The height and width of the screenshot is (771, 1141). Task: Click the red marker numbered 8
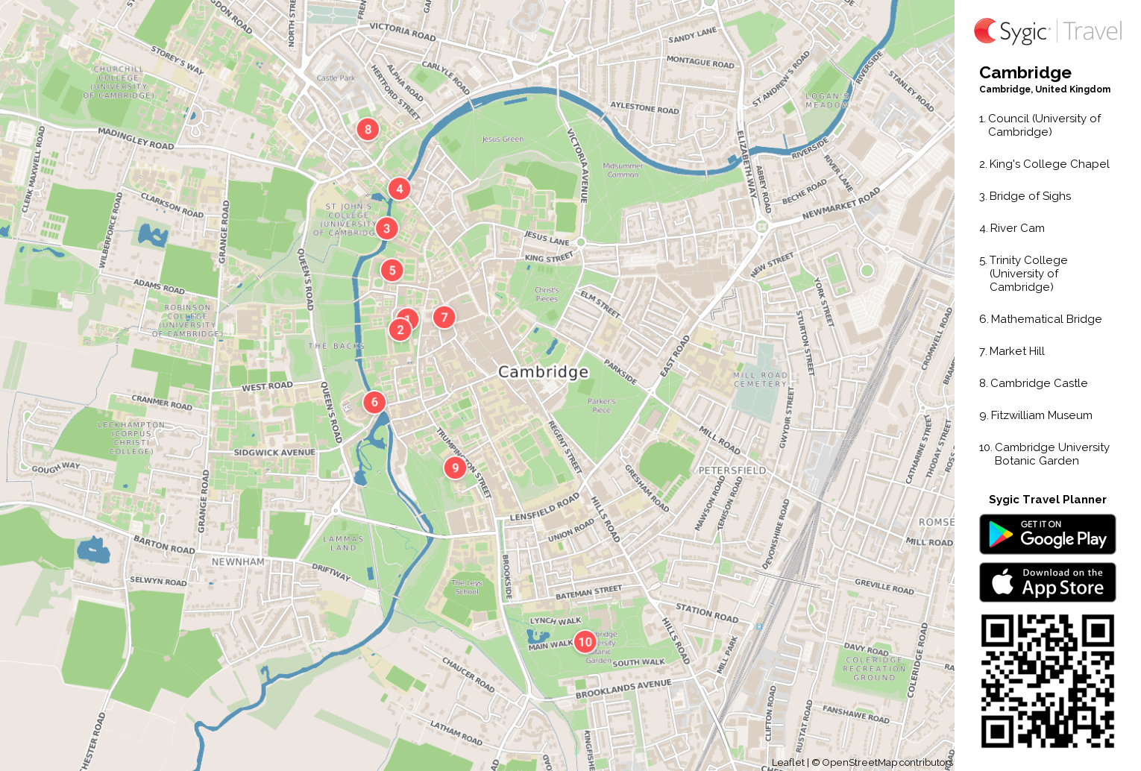pyautogui.click(x=368, y=129)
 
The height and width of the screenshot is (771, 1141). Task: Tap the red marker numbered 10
pyautogui.click(x=585, y=641)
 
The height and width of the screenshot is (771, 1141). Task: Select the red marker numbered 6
pyautogui.click(x=374, y=402)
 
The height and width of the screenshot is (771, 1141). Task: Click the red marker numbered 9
pyautogui.click(x=455, y=468)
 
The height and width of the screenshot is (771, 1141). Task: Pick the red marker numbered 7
pyautogui.click(x=444, y=317)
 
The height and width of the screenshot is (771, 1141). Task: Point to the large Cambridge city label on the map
pyautogui.click(x=543, y=371)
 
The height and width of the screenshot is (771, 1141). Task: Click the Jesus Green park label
pyautogui.click(x=503, y=139)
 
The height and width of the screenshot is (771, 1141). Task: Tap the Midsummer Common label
pyautogui.click(x=623, y=170)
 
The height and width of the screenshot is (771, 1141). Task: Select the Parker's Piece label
pyautogui.click(x=601, y=405)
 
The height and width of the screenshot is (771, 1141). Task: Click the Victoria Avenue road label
pyautogui.click(x=578, y=166)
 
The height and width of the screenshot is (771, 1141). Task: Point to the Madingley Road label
pyautogui.click(x=136, y=139)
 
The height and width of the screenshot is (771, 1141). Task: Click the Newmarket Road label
pyautogui.click(x=841, y=204)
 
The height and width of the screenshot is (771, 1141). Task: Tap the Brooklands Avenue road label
pyautogui.click(x=623, y=689)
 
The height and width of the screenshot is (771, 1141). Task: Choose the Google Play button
pyautogui.click(x=1047, y=534)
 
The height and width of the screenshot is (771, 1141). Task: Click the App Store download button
pyautogui.click(x=1047, y=582)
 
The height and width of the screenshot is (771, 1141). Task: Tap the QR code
pyautogui.click(x=1047, y=681)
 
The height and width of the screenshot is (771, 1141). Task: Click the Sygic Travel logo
pyautogui.click(x=1047, y=31)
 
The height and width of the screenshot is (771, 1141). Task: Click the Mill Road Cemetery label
pyautogui.click(x=760, y=380)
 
